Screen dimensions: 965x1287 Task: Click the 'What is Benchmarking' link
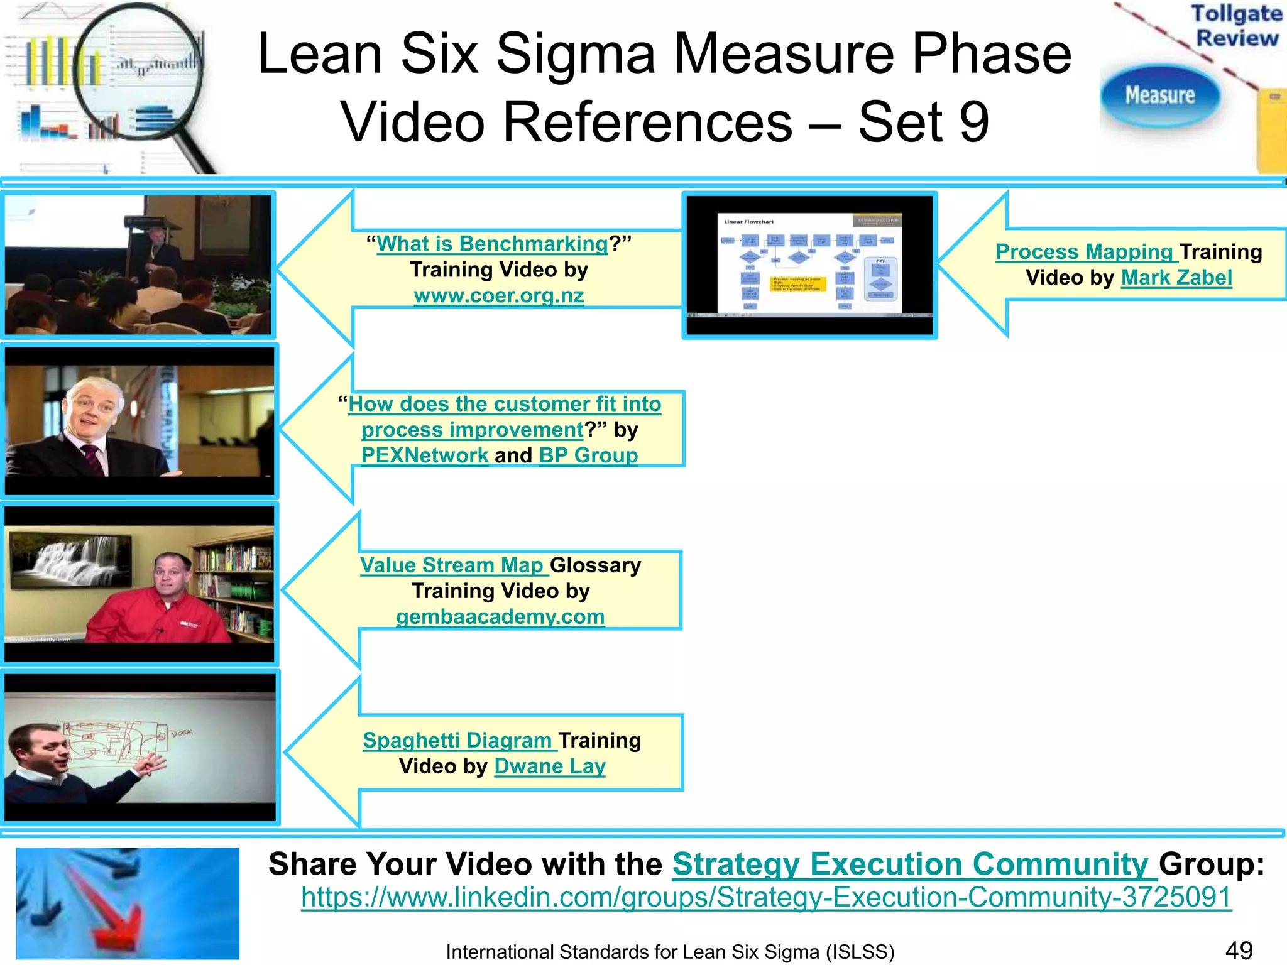tap(492, 244)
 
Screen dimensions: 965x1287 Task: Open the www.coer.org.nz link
tap(499, 295)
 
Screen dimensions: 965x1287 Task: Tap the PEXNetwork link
tap(425, 455)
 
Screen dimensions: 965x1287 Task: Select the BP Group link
tap(588, 455)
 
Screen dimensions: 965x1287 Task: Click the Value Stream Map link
tap(451, 565)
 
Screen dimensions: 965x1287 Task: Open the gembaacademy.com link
tap(500, 616)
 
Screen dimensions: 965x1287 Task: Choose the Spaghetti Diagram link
tap(457, 740)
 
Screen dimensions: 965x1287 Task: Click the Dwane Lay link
tap(550, 766)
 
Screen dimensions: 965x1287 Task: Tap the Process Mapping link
tap(1084, 251)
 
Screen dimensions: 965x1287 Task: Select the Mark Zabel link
tap(1176, 277)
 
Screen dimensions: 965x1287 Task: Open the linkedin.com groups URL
tap(766, 897)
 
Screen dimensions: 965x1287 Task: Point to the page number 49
tap(1239, 951)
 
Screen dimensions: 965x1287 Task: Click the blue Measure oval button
tap(1159, 95)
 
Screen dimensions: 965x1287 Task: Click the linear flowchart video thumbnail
tap(809, 264)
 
